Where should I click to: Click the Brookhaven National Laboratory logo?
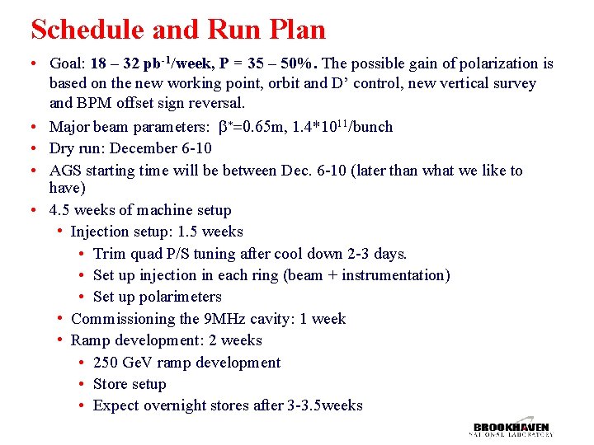coord(511,429)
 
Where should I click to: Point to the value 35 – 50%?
coord(281,63)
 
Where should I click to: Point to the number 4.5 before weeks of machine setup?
coord(60,210)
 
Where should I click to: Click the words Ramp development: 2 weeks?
coord(166,340)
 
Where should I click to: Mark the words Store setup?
coord(130,384)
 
